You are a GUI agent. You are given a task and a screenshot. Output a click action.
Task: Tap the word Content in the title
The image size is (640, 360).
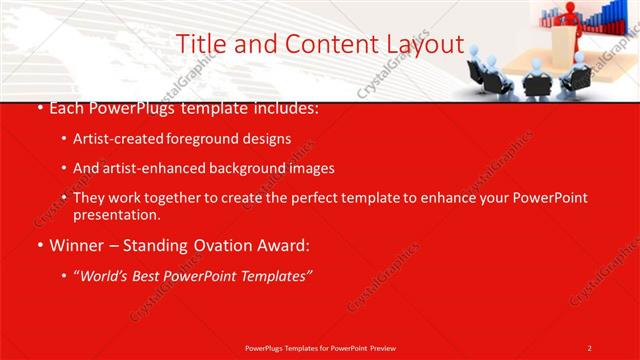(x=320, y=44)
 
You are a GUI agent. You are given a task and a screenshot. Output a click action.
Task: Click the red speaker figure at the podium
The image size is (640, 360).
(x=570, y=15)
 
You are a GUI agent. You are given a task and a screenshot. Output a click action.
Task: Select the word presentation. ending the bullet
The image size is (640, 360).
(x=116, y=214)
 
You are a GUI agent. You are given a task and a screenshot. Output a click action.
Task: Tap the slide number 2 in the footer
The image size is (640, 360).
(x=589, y=347)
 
